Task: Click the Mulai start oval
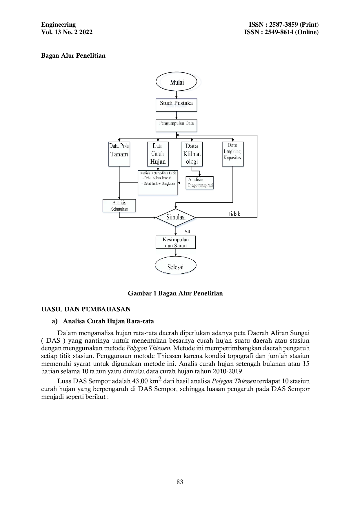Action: [x=176, y=82]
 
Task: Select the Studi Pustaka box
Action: [x=176, y=105]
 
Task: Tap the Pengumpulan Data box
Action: [x=176, y=125]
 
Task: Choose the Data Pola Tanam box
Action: [x=119, y=154]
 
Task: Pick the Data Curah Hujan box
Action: [x=158, y=154]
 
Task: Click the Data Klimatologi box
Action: [x=192, y=154]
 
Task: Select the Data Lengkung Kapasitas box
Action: [x=233, y=154]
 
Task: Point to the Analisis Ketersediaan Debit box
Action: [x=158, y=182]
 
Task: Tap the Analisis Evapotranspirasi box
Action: [x=200, y=183]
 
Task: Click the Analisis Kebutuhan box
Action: [x=119, y=206]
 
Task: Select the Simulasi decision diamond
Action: [x=176, y=217]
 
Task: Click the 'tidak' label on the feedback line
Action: [x=234, y=214]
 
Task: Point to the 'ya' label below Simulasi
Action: [x=187, y=231]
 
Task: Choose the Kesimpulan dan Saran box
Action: [x=176, y=242]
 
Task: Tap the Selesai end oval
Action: [x=176, y=265]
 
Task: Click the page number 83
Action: [x=180, y=482]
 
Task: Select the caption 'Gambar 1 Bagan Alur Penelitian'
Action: [x=175, y=293]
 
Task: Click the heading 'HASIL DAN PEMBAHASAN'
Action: [x=86, y=309]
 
